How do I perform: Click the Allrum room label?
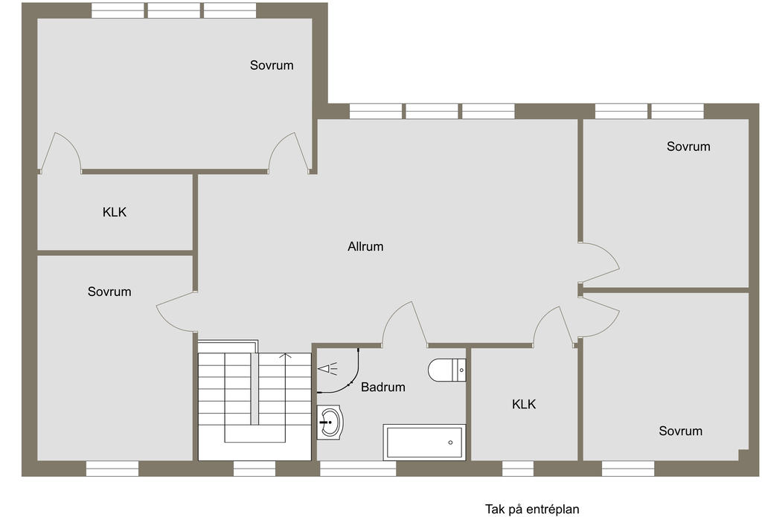[365, 246]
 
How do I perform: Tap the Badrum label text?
[383, 387]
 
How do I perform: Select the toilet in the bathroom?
[447, 370]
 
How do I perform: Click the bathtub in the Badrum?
[424, 442]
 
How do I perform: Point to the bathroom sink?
[330, 423]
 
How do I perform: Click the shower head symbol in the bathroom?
[327, 367]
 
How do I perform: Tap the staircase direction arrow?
[285, 356]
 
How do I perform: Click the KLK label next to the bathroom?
[524, 405]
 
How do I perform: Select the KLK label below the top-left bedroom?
[115, 212]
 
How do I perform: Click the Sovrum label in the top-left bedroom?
[272, 65]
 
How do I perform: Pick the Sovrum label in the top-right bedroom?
[688, 147]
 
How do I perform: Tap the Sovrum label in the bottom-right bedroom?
[680, 431]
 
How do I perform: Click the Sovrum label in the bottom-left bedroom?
[109, 292]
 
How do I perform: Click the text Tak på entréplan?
[532, 509]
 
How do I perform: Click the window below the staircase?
[254, 469]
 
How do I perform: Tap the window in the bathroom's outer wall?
[358, 469]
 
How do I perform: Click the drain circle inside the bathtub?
[451, 443]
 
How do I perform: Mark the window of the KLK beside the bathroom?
[518, 469]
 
